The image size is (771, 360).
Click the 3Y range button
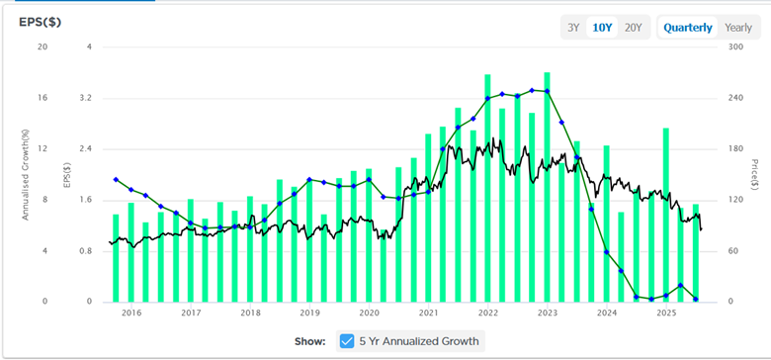573,28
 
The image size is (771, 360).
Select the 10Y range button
602,28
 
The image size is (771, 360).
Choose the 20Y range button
633,28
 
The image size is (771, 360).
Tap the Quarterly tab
688,28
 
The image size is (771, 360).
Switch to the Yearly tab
737,28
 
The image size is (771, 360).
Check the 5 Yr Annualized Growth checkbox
347,341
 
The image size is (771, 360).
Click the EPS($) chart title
41,23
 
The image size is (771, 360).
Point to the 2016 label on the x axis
131,313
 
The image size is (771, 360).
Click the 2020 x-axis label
369,313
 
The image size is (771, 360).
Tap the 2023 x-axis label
548,313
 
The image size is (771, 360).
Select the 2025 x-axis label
666,313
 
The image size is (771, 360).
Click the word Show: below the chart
310,341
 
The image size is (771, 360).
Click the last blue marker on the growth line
697,299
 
